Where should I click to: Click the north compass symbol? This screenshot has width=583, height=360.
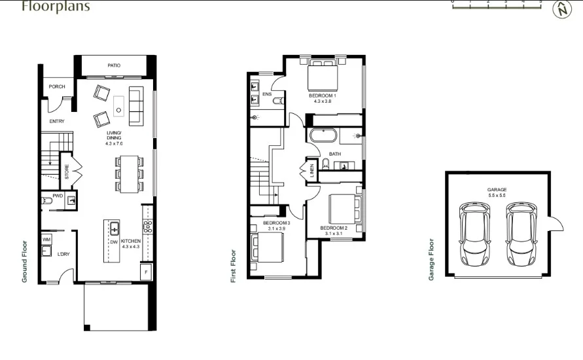(x=561, y=9)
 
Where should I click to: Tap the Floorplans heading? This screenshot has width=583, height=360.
(x=56, y=7)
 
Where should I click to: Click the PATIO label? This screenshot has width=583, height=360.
(x=115, y=65)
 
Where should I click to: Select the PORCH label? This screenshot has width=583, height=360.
(x=57, y=86)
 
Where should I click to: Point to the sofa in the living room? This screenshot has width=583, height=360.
(x=136, y=105)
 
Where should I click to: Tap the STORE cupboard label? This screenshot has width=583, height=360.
(x=66, y=172)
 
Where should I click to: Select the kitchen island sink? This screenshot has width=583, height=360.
(x=114, y=229)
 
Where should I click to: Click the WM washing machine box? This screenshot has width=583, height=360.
(x=46, y=240)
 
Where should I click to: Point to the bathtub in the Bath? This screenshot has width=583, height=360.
(x=323, y=137)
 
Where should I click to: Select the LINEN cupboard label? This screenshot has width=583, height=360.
(x=312, y=171)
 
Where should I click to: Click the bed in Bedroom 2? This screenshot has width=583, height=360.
(x=344, y=209)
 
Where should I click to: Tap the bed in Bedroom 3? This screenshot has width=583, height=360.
(x=266, y=247)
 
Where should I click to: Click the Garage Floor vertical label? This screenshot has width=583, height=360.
(x=431, y=259)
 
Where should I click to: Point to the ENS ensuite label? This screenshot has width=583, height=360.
(x=266, y=94)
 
